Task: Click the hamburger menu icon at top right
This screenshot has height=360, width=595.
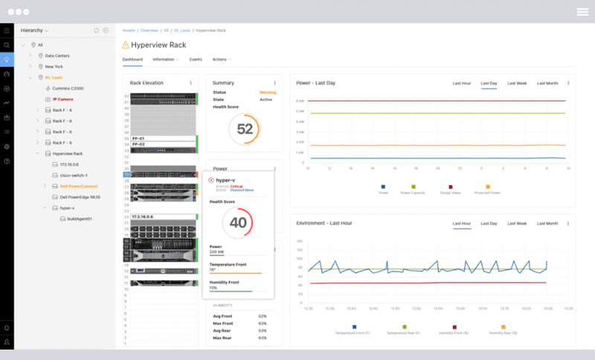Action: (x=582, y=11)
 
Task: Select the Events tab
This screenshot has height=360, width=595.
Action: (x=196, y=59)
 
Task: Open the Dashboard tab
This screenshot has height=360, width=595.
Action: (x=132, y=59)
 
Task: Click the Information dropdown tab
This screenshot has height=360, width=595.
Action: (x=165, y=59)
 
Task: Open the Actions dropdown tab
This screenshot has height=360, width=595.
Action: (x=221, y=59)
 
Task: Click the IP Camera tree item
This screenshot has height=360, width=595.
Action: (x=62, y=99)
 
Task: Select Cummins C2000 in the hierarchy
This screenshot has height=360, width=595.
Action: (x=68, y=88)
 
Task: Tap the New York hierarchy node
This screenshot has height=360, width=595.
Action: (x=54, y=66)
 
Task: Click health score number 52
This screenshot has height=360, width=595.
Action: (x=245, y=129)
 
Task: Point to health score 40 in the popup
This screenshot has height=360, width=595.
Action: (x=238, y=222)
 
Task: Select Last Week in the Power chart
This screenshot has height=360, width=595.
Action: (x=517, y=83)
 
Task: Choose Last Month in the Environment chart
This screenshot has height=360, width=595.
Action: (x=547, y=223)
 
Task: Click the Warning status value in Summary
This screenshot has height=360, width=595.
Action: (x=267, y=92)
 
